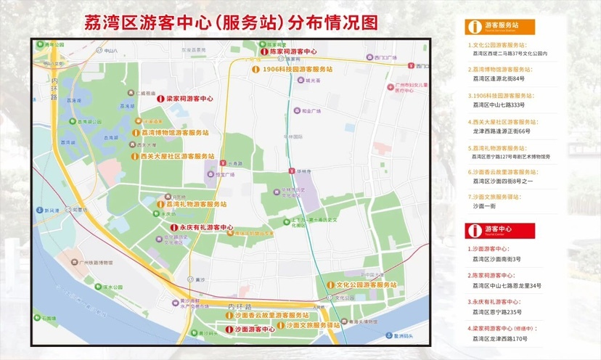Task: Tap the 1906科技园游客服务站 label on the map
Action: (296, 69)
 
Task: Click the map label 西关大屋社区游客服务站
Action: (177, 156)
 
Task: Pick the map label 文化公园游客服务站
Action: (369, 285)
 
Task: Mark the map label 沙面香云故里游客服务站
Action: (272, 316)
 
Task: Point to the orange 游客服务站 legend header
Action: (500, 27)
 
